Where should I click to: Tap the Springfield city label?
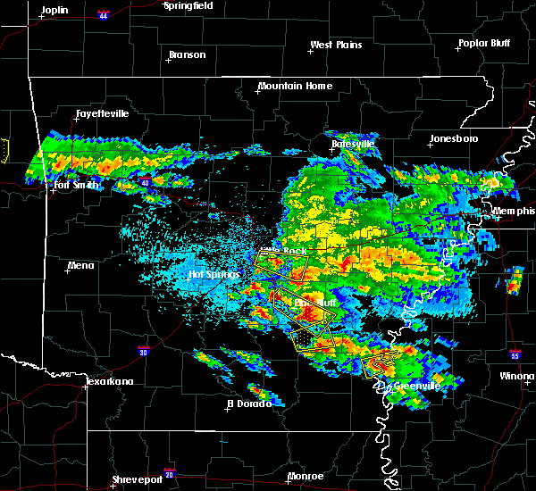click(x=188, y=5)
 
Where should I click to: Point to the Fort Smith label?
click(x=77, y=185)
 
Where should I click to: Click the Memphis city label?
click(x=514, y=211)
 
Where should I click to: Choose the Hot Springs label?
click(x=215, y=274)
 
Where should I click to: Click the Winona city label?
click(x=517, y=376)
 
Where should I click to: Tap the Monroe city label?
click(x=306, y=476)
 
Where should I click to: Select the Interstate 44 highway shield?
click(x=104, y=16)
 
